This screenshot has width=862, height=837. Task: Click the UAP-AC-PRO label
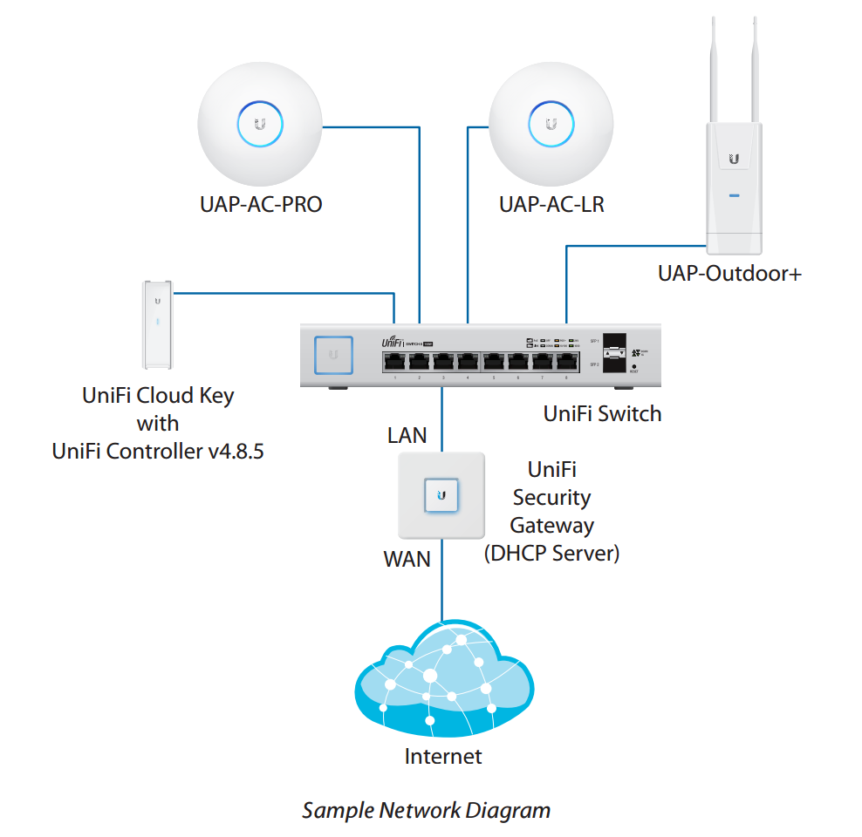pyautogui.click(x=261, y=206)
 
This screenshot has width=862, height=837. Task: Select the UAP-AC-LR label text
pyautogui.click(x=551, y=206)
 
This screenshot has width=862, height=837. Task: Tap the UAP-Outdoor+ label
pyautogui.click(x=729, y=274)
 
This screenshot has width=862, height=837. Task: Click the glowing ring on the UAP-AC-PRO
pyautogui.click(x=259, y=125)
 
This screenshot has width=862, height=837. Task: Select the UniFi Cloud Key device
pyautogui.click(x=157, y=323)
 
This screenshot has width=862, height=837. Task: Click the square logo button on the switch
pyautogui.click(x=332, y=356)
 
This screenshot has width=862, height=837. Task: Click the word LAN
pyautogui.click(x=407, y=435)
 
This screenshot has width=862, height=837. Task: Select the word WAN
pyautogui.click(x=407, y=559)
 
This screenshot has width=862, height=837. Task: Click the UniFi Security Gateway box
pyautogui.click(x=441, y=495)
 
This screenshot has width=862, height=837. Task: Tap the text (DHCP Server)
pyautogui.click(x=551, y=554)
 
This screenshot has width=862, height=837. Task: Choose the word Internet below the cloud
pyautogui.click(x=442, y=756)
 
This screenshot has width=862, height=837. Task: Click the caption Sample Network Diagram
pyautogui.click(x=426, y=810)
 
